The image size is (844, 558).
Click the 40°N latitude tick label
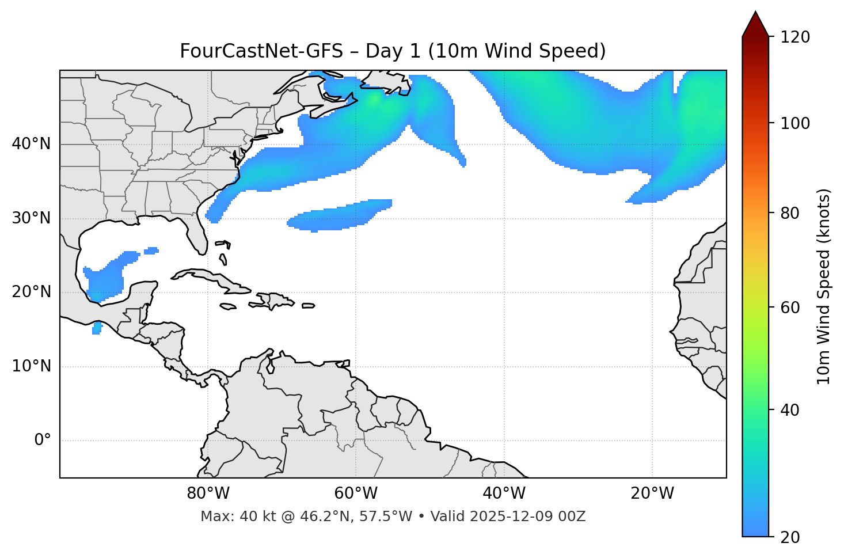click(31, 144)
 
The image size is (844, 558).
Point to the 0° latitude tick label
click(43, 441)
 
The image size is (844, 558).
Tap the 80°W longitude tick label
click(208, 494)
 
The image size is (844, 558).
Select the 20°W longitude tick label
click(652, 494)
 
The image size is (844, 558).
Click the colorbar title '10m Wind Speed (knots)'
click(823, 286)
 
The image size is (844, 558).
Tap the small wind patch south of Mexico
click(97, 328)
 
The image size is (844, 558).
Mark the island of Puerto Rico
click(308, 306)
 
